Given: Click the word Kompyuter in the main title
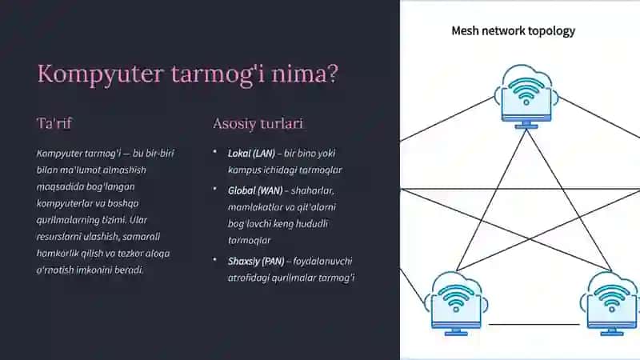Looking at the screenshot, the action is [x=101, y=74].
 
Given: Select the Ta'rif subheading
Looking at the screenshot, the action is [x=54, y=123].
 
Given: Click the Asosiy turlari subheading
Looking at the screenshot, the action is [x=258, y=124].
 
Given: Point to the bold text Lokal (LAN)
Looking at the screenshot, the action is [x=251, y=154].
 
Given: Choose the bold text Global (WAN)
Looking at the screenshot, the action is [x=255, y=190].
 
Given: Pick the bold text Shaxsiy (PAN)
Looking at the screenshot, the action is [x=256, y=262].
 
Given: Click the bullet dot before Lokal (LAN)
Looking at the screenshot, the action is [x=214, y=152].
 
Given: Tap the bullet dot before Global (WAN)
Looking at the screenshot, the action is [x=214, y=189].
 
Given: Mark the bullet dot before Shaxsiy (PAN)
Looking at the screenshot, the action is [x=214, y=259].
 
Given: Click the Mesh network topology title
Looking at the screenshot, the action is [x=513, y=31].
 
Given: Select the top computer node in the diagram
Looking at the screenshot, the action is [x=526, y=97].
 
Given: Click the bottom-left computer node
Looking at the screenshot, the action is [x=456, y=304].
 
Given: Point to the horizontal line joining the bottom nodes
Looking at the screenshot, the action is [x=534, y=325].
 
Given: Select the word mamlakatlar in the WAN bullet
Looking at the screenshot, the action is [x=255, y=207].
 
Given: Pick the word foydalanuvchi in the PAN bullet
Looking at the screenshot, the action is [x=322, y=262].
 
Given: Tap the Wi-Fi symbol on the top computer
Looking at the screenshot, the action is [x=526, y=91].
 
